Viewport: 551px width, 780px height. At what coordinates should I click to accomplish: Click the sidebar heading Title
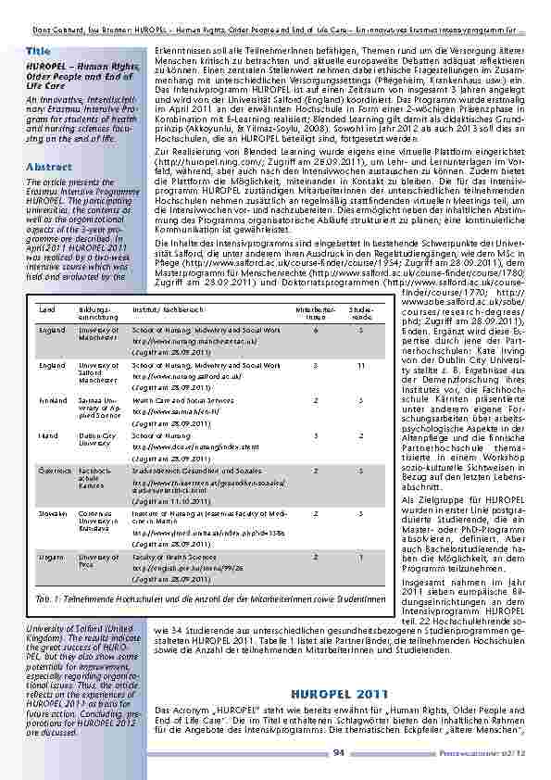coord(38,49)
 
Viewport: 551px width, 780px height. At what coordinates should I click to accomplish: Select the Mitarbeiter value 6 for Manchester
coord(316,329)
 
